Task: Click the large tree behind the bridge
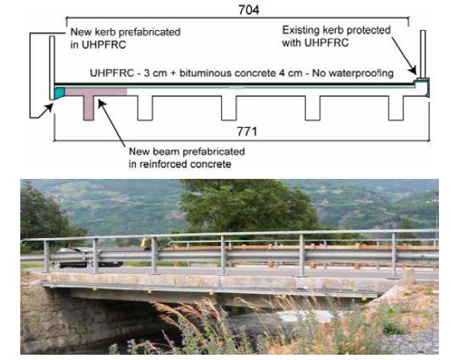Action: click(225, 207)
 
